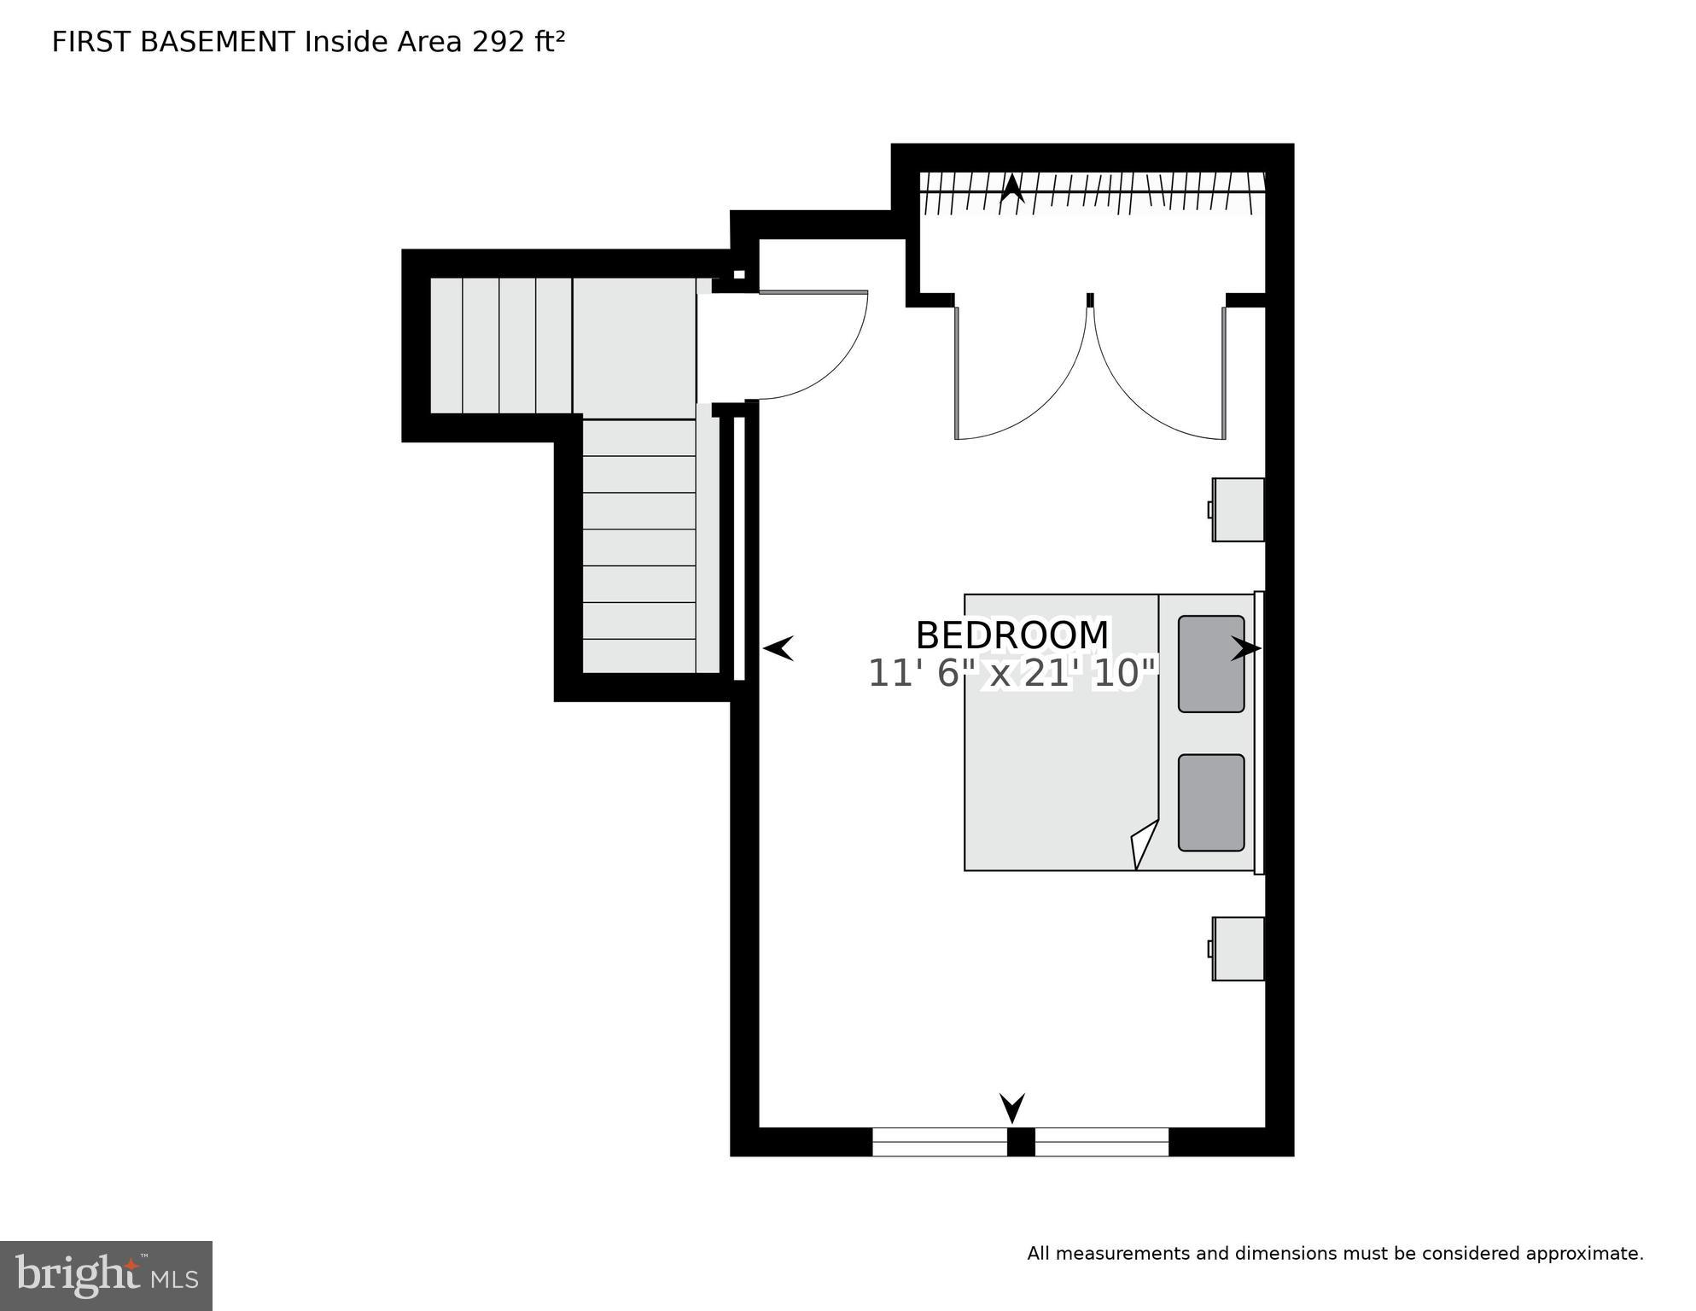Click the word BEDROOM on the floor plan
click(x=1011, y=635)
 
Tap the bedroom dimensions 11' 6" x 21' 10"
click(x=1012, y=674)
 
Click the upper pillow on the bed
click(x=1210, y=664)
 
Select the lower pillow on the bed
click(x=1210, y=802)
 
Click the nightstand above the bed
click(x=1238, y=509)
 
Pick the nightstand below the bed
click(x=1238, y=948)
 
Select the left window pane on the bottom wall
click(x=939, y=1142)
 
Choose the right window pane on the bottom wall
click(x=1101, y=1142)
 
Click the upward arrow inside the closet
click(x=1011, y=188)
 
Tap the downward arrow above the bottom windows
click(x=1011, y=1108)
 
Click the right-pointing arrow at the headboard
click(x=1245, y=649)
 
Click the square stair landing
click(x=634, y=347)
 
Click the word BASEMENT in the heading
click(x=218, y=42)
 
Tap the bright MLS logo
click(x=106, y=1276)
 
